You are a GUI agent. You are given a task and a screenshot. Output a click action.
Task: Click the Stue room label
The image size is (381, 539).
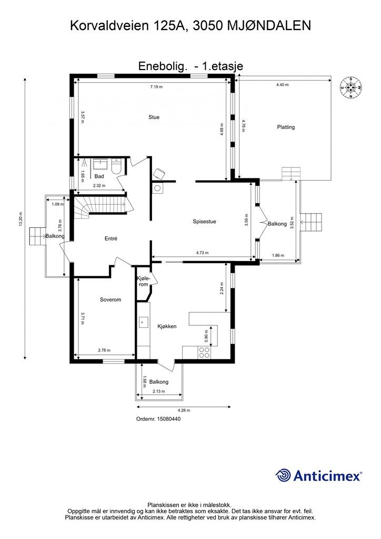tap(154, 117)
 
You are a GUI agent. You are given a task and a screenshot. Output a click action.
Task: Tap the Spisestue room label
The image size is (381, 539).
tap(204, 222)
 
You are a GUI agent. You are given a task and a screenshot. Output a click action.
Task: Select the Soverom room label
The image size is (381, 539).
tap(111, 300)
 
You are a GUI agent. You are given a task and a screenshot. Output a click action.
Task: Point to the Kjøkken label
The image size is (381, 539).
tap(167, 326)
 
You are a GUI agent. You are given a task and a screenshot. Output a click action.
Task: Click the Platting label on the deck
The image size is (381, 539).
tap(286, 127)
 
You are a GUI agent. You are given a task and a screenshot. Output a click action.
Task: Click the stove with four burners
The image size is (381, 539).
tap(204, 352)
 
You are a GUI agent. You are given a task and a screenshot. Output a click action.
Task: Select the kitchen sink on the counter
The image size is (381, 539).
tap(143, 323)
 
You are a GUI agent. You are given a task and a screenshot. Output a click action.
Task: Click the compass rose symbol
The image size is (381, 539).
tap(351, 87)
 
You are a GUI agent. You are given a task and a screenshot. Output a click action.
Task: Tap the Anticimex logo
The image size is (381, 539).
tap(318, 476)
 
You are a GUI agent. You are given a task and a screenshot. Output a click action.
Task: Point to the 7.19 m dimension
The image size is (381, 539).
tap(156, 87)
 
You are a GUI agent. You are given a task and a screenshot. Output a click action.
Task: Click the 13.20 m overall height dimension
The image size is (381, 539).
tap(21, 218)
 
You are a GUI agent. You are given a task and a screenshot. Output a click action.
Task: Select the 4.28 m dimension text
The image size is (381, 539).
tap(184, 411)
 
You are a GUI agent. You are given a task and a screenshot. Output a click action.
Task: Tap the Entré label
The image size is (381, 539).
tap(111, 238)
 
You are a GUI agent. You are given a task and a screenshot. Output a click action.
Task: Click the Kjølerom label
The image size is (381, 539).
tap(143, 281)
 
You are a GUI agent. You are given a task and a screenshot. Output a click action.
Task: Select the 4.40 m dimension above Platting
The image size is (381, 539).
tap(283, 85)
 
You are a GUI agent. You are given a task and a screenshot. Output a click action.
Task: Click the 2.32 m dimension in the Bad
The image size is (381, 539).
tap(99, 186)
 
